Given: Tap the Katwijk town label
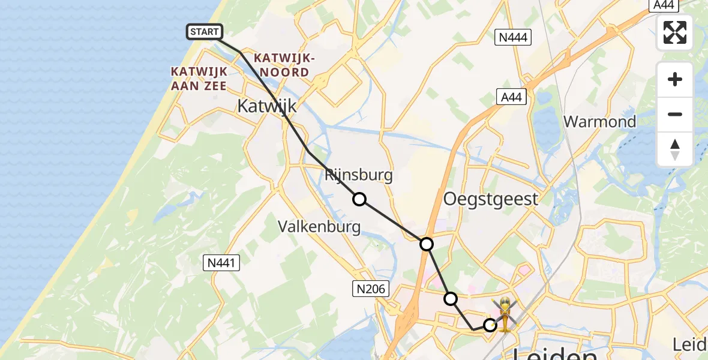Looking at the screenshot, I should pyautogui.click(x=267, y=107).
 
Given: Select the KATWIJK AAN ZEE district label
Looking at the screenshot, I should pyautogui.click(x=199, y=79).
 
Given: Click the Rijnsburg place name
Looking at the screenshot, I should pyautogui.click(x=358, y=175).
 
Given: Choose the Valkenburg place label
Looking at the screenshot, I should pyautogui.click(x=320, y=227).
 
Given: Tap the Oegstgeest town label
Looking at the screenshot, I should pyautogui.click(x=490, y=199).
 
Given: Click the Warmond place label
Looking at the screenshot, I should pyautogui.click(x=600, y=122).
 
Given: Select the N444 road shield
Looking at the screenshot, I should pyautogui.click(x=512, y=38).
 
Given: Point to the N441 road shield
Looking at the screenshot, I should pyautogui.click(x=222, y=262).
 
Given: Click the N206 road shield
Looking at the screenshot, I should pyautogui.click(x=370, y=290).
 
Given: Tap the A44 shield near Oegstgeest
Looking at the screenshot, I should pyautogui.click(x=511, y=96).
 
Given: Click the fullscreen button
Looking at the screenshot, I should pyautogui.click(x=675, y=32).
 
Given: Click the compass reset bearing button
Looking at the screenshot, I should pyautogui.click(x=675, y=149).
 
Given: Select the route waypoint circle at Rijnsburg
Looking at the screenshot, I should pyautogui.click(x=359, y=199).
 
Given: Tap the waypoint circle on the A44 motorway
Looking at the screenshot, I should pyautogui.click(x=426, y=244).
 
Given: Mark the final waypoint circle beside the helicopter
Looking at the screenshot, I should pyautogui.click(x=490, y=325).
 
